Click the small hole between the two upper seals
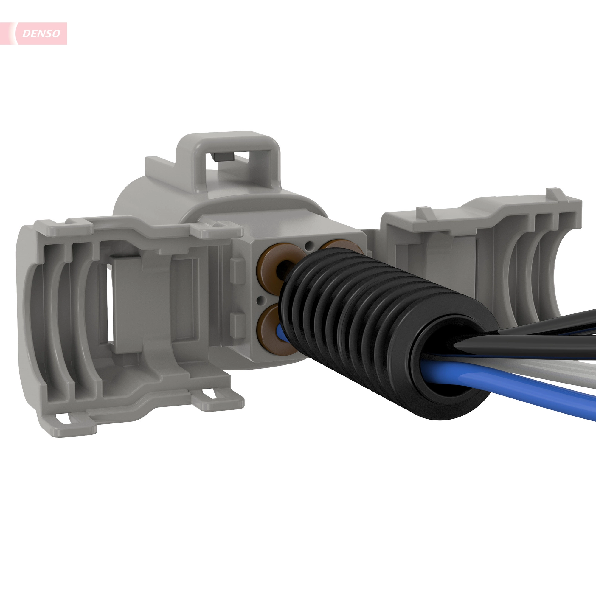[x=309, y=246]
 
